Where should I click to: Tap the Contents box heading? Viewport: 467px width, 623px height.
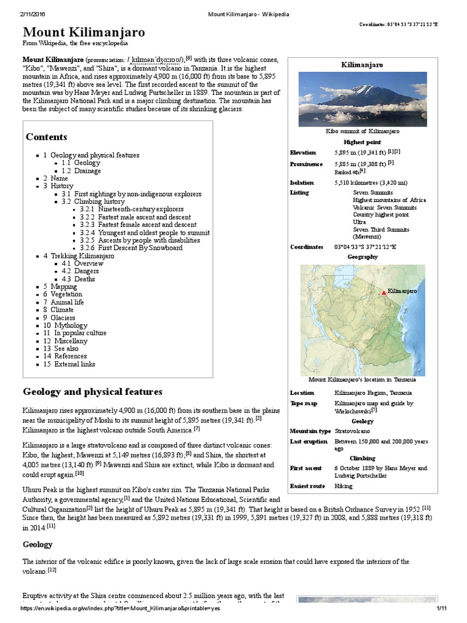tap(46, 137)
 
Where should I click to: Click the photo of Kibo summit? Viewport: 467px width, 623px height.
tap(362, 99)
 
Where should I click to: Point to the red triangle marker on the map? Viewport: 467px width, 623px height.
tap(383, 293)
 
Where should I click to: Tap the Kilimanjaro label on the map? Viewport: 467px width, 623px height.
tap(403, 291)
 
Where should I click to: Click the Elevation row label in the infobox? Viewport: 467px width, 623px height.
tap(303, 152)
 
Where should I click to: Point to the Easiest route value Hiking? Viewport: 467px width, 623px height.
tap(344, 486)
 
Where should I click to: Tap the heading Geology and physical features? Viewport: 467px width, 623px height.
tap(92, 391)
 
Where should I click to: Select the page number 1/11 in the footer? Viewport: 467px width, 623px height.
tap(441, 608)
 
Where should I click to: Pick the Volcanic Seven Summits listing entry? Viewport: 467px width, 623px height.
tap(384, 207)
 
